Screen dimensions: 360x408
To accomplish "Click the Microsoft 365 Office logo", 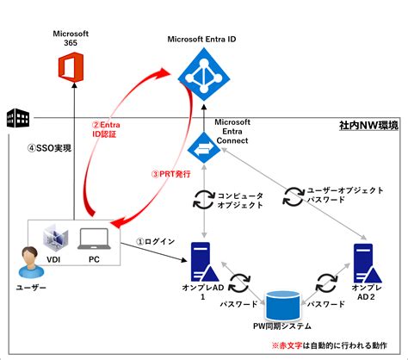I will click(68, 70).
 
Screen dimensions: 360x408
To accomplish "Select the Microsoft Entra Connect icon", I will click(201, 149).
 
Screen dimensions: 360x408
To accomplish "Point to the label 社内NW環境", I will click(368, 127).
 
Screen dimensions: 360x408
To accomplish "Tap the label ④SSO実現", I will click(46, 148).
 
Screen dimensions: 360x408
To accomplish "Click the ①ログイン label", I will click(157, 241).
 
